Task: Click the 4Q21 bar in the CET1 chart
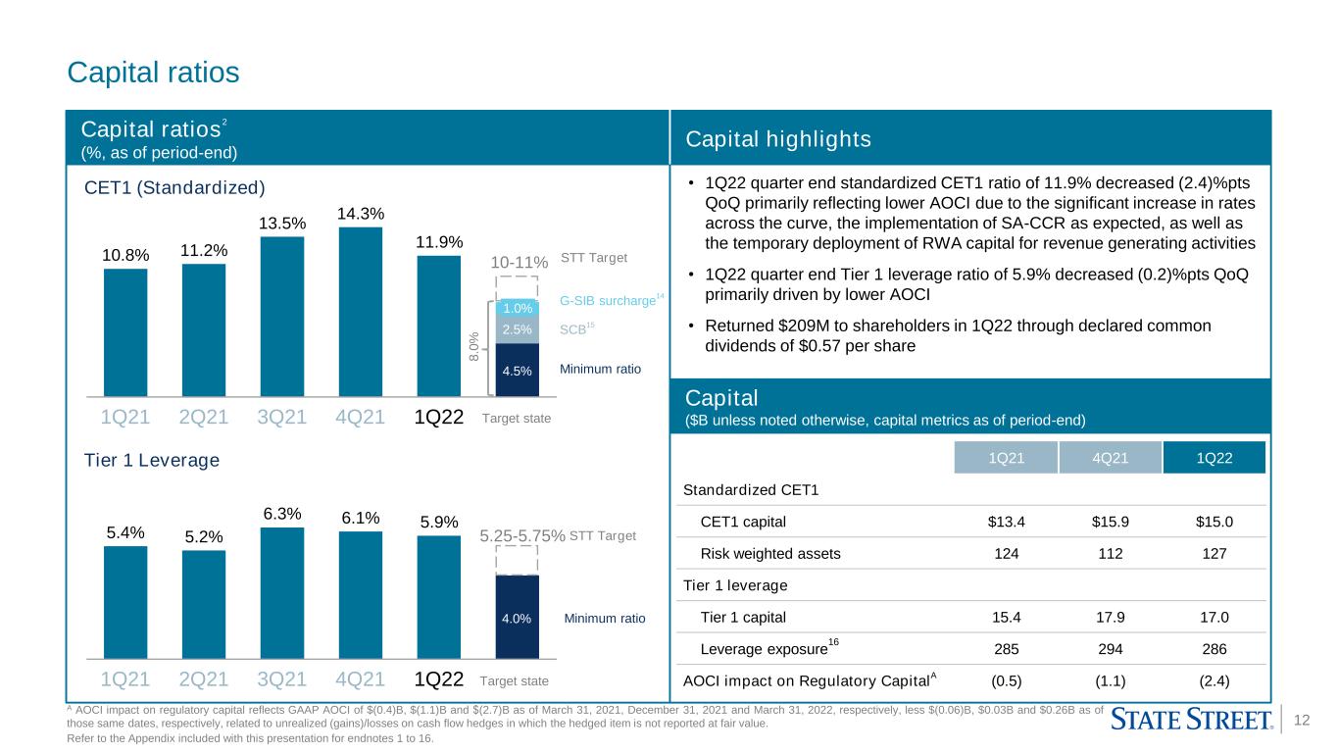[x=360, y=312]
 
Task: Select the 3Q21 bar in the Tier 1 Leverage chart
[x=282, y=593]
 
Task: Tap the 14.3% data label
[x=360, y=214]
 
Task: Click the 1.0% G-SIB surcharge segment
[x=518, y=307]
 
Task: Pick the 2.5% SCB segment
[x=518, y=329]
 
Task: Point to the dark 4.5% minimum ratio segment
[x=518, y=370]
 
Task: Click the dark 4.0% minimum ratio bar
[x=518, y=617]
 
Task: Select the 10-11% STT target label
[x=520, y=263]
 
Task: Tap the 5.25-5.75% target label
[x=522, y=535]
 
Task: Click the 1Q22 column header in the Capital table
[x=1214, y=458]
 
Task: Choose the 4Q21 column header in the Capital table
[x=1110, y=458]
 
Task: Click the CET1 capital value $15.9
[x=1110, y=522]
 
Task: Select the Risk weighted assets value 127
[x=1214, y=553]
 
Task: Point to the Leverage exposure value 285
[x=1006, y=649]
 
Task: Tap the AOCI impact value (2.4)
[x=1214, y=680]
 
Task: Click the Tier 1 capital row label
[x=742, y=618]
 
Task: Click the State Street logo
[x=1192, y=719]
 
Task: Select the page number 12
[x=1301, y=720]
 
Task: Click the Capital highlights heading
[x=777, y=139]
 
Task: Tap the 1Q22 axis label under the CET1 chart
[x=438, y=417]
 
